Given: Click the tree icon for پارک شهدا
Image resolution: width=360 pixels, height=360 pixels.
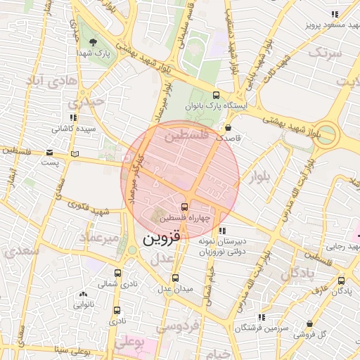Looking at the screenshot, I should tap(94, 42).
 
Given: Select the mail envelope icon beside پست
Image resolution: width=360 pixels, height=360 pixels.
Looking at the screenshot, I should tap(49, 153).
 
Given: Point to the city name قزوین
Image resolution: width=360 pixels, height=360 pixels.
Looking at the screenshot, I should tap(161, 238).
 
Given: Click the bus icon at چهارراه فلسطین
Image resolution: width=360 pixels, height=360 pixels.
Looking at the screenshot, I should tap(184, 207).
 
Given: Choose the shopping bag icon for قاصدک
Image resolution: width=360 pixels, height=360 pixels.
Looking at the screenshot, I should tap(229, 128).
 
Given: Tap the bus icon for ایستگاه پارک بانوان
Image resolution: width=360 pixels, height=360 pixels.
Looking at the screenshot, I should tap(215, 96).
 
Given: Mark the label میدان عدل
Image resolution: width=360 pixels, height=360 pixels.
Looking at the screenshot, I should tap(174, 289).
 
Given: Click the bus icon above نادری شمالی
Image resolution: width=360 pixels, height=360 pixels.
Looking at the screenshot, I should tap(117, 273).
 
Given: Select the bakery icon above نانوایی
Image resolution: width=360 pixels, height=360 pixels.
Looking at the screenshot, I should tap(84, 295).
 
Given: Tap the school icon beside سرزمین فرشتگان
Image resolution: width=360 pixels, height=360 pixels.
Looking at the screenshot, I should tap(262, 317).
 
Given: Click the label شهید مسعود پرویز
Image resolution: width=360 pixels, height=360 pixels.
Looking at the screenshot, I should tap(330, 25).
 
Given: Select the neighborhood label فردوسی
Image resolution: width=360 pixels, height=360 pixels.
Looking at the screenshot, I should tap(178, 326).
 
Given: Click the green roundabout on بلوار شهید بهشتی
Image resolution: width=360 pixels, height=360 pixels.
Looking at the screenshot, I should tap(325, 134).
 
